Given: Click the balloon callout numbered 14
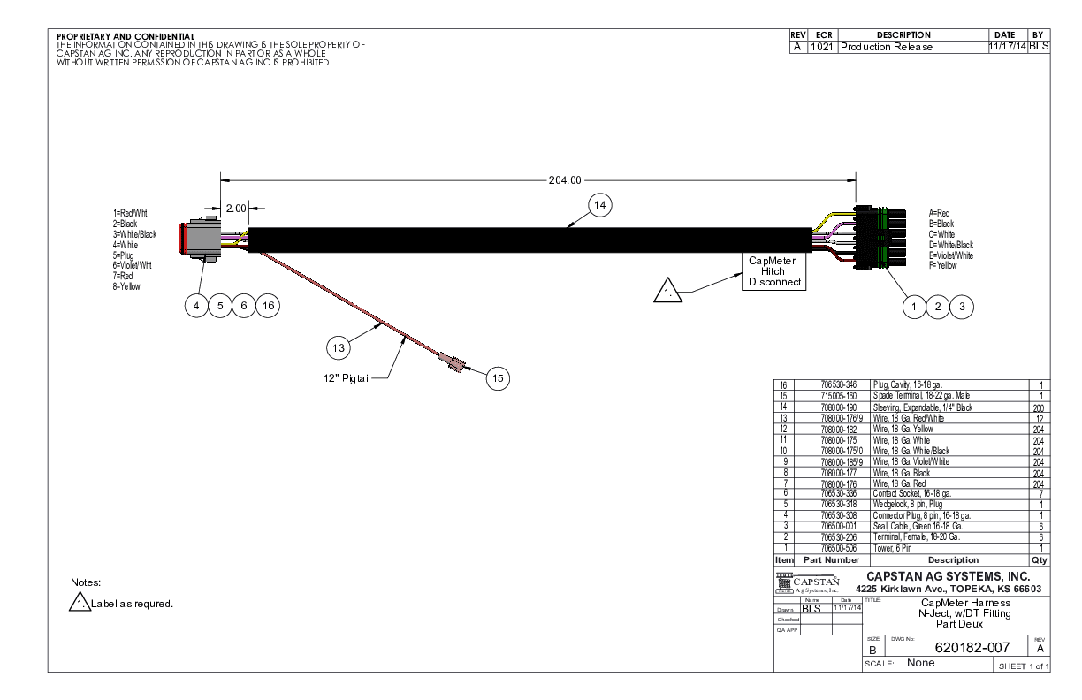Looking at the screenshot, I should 601,203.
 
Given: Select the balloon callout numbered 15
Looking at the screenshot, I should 498,377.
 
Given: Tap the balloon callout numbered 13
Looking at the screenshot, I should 337,347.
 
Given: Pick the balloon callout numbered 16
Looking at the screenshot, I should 267,305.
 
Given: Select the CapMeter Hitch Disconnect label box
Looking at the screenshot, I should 773,271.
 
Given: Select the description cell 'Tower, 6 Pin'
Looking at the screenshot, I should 893,548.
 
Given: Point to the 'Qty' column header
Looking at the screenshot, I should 1040,559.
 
